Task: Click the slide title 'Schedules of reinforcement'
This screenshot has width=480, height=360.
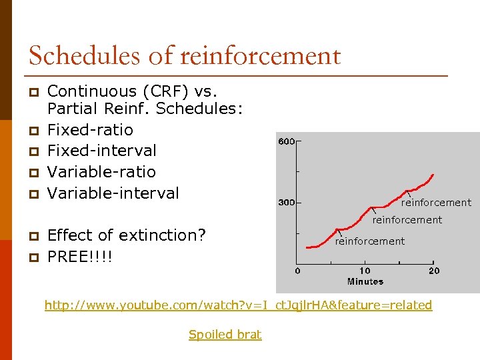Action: pos(185,55)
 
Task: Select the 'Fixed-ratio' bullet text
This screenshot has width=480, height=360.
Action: pos(90,129)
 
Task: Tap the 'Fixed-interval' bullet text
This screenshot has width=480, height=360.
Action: pos(102,151)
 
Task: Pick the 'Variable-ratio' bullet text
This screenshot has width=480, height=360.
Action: pos(101,172)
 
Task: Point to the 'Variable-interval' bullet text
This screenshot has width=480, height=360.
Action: pos(113,193)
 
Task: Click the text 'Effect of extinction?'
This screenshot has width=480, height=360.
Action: pos(127,235)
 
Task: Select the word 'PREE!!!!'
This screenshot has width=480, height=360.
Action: pos(80,257)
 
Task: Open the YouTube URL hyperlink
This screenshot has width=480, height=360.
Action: pos(238,305)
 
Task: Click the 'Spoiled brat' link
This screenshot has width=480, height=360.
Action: pos(225,335)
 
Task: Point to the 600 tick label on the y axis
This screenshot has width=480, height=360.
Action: pos(286,142)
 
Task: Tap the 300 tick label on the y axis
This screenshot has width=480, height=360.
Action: pos(286,202)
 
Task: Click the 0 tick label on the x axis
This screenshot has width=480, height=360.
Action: pos(298,271)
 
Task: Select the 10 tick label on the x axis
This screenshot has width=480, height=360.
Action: pos(365,271)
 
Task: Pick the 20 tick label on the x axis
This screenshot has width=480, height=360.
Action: pos(433,271)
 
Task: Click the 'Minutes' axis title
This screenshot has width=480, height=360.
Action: pos(365,281)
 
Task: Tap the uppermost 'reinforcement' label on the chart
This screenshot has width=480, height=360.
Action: pos(436,203)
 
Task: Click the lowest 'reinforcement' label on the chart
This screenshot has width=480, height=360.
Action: pos(369,241)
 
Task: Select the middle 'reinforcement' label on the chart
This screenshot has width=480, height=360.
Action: pos(407,220)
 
